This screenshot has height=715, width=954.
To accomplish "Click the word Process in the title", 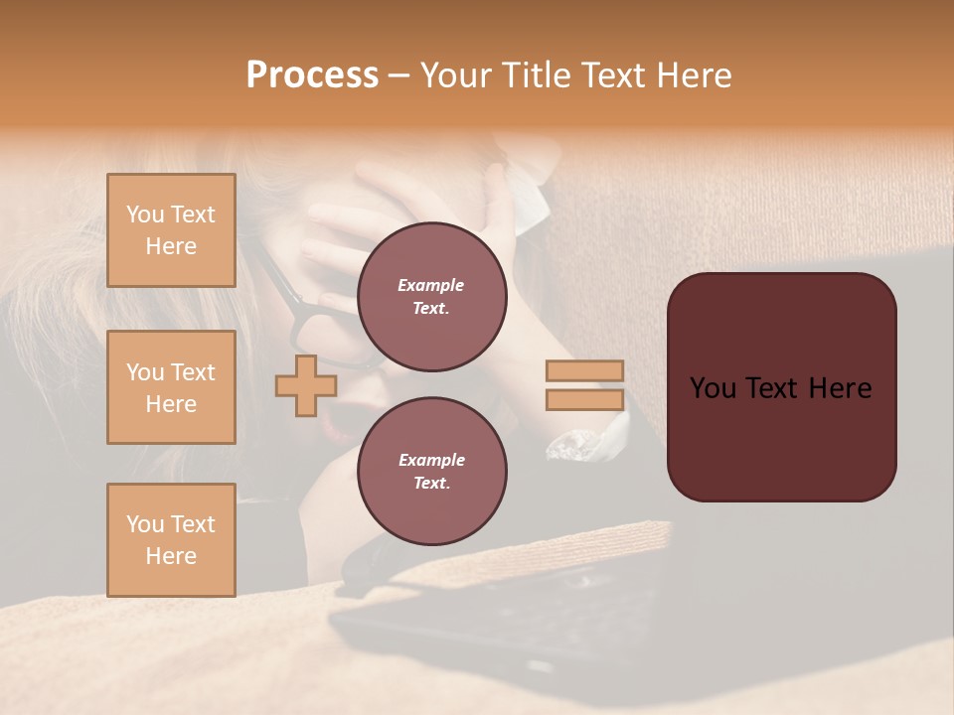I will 312,75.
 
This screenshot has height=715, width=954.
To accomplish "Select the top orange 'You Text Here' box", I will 171,230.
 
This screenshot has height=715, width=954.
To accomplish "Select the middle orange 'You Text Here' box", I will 171,387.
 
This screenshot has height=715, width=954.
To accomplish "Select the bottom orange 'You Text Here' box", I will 171,540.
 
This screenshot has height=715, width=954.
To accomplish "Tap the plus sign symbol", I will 305,385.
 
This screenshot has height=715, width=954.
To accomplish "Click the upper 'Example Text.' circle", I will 431,297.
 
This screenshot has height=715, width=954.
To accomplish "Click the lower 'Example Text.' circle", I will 431,472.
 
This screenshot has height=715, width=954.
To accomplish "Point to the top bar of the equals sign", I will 584,370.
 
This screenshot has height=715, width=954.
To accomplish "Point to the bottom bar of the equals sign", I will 584,400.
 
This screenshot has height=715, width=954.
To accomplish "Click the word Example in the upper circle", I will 431,285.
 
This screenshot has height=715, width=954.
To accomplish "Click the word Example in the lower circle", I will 431,460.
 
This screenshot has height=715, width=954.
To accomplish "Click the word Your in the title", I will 453,75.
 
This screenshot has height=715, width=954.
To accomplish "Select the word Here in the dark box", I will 840,388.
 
